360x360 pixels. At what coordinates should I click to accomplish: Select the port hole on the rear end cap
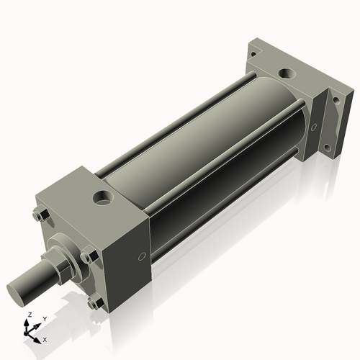288,73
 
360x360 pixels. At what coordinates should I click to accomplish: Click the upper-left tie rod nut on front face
40,214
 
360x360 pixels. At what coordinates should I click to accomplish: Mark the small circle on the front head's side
141,256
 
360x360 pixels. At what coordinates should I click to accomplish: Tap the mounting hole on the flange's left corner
253,48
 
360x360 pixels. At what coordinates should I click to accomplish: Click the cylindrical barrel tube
209,144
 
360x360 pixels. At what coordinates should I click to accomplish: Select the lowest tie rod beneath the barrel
216,216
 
